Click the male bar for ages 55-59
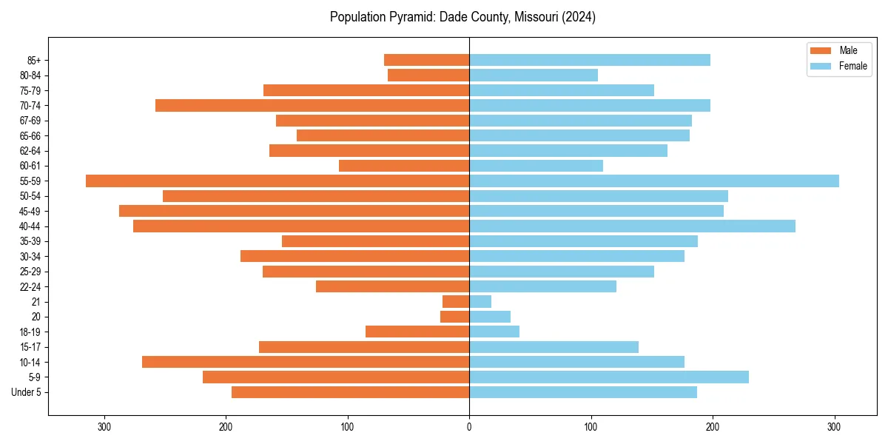(277, 181)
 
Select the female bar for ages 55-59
(654, 181)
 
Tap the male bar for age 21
(456, 301)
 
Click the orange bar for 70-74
(312, 105)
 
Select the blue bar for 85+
(590, 60)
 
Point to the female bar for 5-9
(609, 377)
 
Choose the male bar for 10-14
(306, 362)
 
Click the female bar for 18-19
(494, 332)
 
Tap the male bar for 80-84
(428, 75)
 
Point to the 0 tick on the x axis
(469, 426)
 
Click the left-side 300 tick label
(104, 426)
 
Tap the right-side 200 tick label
(713, 426)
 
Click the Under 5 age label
(26, 392)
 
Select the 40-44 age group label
(30, 226)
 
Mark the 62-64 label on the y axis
(30, 151)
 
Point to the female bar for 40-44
(632, 226)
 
